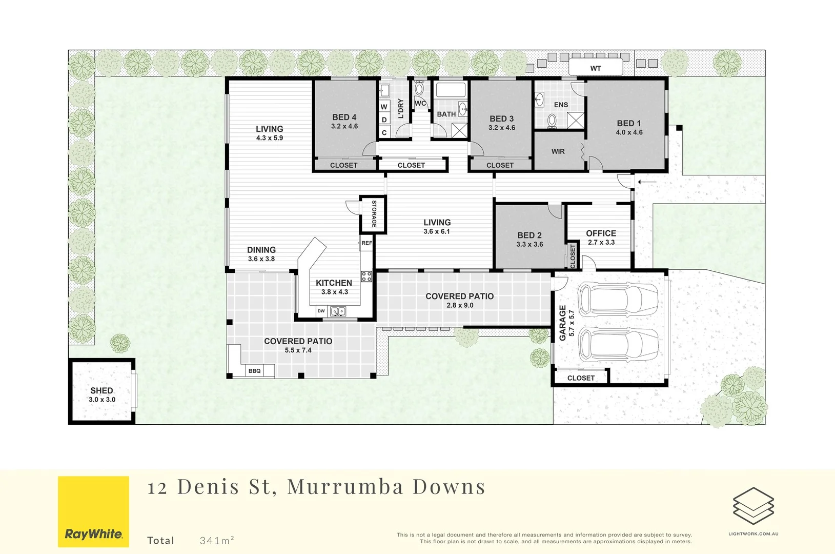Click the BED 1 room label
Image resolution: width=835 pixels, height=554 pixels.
(628, 123)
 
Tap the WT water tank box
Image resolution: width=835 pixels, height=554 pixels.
(595, 68)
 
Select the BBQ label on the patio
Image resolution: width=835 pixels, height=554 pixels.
(254, 371)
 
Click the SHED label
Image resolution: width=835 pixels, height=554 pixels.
(101, 390)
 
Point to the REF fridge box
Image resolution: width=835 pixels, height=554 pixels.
(366, 243)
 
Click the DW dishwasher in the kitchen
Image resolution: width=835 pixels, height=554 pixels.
(321, 311)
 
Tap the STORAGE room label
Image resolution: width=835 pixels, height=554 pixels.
(374, 214)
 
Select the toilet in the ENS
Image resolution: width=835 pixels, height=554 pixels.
(552, 121)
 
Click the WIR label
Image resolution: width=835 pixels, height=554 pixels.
(558, 151)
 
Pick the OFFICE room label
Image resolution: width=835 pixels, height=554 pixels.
(601, 233)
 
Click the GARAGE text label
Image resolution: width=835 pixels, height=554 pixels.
(562, 323)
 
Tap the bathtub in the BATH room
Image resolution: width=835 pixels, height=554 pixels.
(451, 90)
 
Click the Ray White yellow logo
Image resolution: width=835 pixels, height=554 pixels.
(93, 511)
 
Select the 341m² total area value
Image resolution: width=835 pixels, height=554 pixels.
(217, 540)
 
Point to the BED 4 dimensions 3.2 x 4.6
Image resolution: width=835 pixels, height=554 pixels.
(344, 126)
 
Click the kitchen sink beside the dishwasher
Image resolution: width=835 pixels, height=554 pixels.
(337, 311)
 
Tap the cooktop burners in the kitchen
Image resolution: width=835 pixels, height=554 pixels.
(366, 276)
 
